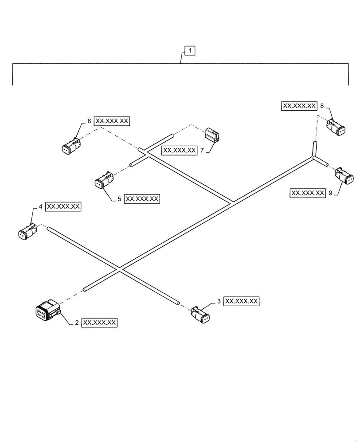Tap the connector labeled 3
pos(201,315)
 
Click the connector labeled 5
pos(104,180)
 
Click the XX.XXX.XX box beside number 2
pos(100,323)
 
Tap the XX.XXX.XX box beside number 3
pos(242,301)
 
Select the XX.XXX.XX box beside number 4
pos(63,206)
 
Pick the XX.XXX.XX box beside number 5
pos(142,199)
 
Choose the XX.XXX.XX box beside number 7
pos(180,151)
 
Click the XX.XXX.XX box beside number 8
pos(299,106)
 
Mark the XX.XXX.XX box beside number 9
pos(307,193)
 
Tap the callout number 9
pos(330,193)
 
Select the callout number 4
pos(41,206)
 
